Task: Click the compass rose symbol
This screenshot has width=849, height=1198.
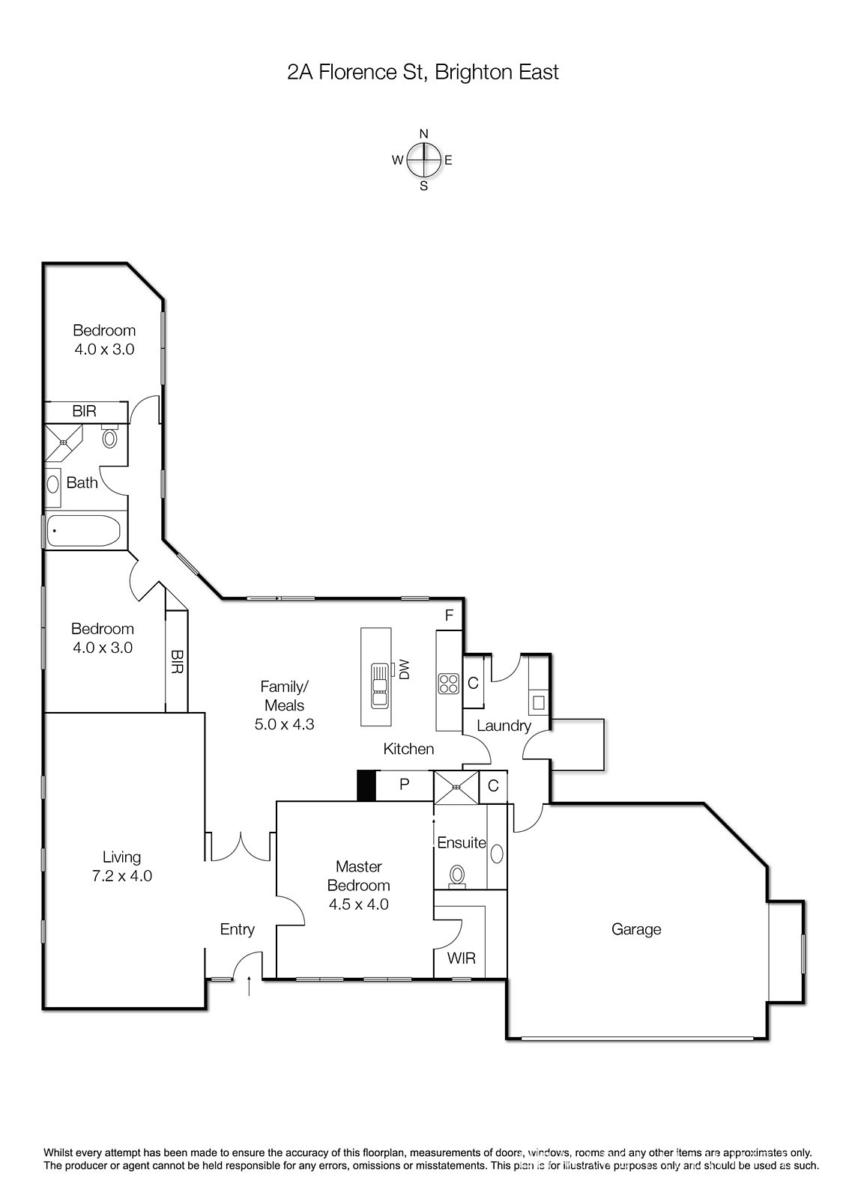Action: click(423, 159)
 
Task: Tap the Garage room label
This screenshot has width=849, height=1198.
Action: click(636, 929)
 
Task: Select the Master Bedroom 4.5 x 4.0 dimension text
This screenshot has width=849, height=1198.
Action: click(358, 904)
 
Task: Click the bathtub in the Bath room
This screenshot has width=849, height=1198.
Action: click(84, 530)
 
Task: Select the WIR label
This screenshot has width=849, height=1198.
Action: click(461, 958)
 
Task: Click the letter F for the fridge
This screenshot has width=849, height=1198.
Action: click(449, 615)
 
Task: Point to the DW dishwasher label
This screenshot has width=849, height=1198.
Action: click(404, 669)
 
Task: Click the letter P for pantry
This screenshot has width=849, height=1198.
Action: click(405, 784)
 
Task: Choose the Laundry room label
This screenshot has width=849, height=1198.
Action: click(504, 726)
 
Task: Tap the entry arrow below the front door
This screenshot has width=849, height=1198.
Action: click(249, 985)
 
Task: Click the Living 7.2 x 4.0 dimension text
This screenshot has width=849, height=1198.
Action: click(122, 875)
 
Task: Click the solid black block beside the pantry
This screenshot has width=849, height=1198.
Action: click(366, 785)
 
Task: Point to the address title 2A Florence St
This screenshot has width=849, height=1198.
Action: click(356, 72)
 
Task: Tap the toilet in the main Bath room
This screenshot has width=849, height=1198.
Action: click(109, 437)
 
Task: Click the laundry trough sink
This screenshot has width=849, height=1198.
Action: click(539, 702)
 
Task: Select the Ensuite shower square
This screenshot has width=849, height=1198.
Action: click(456, 787)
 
